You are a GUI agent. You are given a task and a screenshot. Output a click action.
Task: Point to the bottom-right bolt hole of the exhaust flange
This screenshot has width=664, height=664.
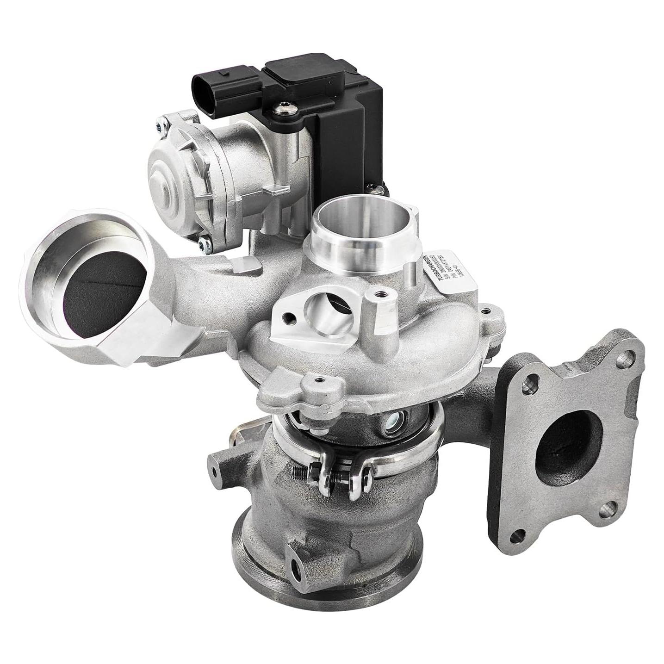point(607,509)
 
